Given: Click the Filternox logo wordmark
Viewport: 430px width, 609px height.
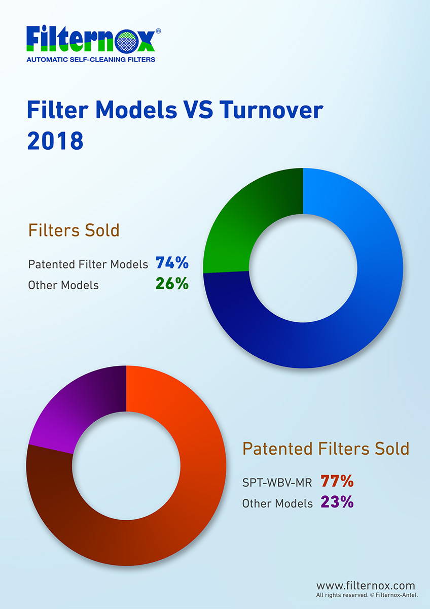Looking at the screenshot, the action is point(91,39).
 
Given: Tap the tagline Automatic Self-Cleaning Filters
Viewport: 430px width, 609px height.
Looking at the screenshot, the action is point(91,59).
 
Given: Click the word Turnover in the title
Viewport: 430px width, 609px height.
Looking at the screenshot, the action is point(271,110).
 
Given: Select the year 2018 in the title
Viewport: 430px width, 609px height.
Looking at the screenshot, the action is point(55,141).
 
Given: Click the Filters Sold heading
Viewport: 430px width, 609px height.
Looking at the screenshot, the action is point(74,230).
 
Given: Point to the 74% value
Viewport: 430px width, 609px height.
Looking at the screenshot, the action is point(172,263).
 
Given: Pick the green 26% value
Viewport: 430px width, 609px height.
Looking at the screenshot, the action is point(172,284).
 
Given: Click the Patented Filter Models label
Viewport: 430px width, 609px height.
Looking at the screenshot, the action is point(88,264).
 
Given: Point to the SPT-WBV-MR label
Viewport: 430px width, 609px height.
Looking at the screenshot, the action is point(277,483).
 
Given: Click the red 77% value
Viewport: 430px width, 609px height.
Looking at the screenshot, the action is point(337,481).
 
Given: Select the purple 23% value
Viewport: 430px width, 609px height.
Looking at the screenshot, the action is point(337,501).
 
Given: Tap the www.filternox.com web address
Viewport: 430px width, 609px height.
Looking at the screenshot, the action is point(366,585).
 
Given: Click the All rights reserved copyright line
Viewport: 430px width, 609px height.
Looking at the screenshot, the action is point(367,595).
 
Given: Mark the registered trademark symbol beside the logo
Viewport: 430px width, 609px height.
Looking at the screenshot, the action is point(158,31).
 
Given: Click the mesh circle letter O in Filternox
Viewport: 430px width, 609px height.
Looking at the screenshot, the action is point(127,43).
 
